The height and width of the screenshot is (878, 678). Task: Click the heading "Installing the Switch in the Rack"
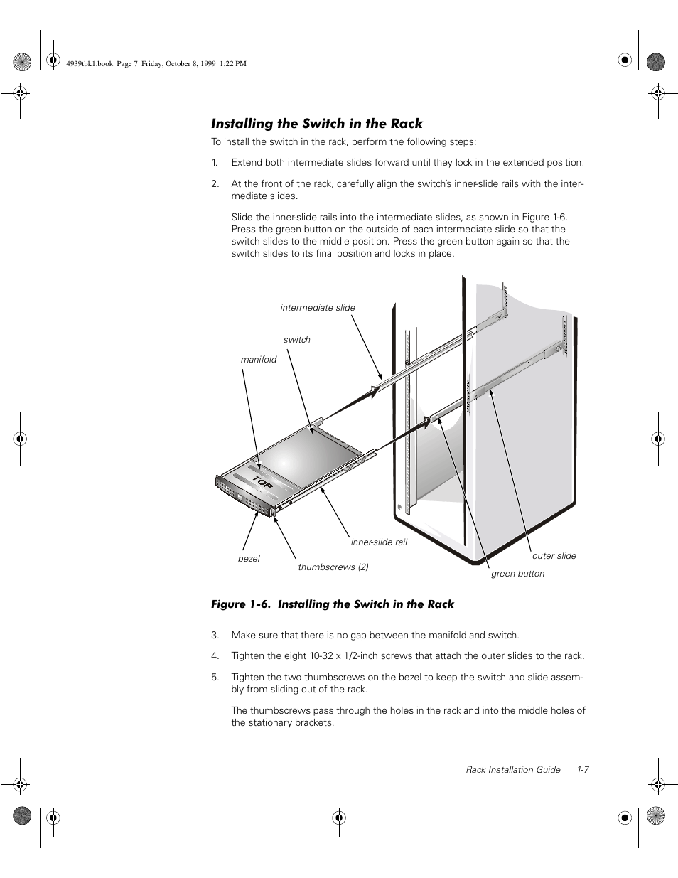316,124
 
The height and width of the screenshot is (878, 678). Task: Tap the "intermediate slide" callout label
317,308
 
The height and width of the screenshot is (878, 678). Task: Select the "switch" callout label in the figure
296,340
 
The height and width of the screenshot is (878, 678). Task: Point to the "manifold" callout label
259,360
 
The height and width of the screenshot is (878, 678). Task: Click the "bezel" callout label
249,559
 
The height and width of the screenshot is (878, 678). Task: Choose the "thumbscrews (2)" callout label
333,567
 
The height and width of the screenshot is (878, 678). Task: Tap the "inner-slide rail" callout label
379,542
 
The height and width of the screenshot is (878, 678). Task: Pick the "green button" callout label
517,574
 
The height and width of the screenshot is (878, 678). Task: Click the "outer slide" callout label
554,556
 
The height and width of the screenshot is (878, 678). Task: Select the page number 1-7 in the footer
583,770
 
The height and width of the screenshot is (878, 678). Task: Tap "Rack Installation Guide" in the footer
512,770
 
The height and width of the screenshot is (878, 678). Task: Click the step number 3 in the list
214,636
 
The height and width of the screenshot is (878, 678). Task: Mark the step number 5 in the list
214,678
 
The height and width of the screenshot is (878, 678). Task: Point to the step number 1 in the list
214,163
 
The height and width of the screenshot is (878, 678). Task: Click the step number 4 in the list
214,656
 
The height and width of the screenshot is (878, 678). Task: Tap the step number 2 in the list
214,184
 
